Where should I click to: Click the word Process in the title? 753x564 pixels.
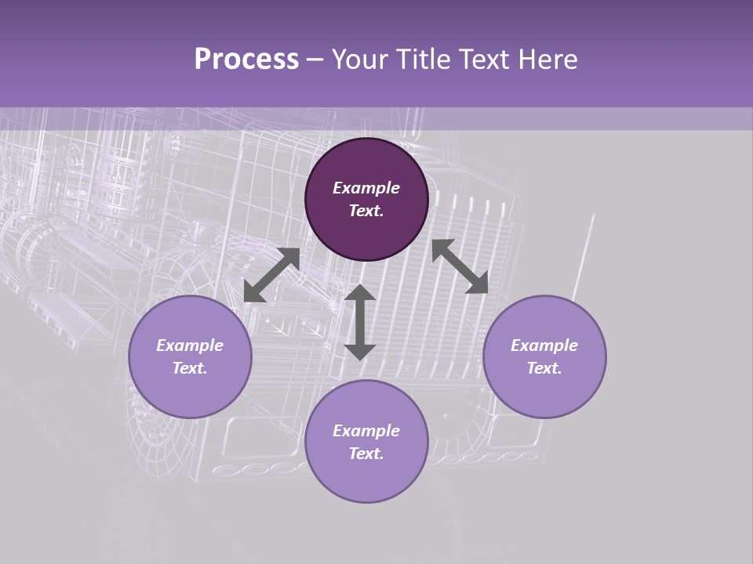[x=246, y=60]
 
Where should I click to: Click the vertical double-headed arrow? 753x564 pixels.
[x=360, y=322]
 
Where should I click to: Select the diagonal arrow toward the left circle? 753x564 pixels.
[x=271, y=275]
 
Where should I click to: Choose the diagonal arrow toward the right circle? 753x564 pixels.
[x=460, y=266]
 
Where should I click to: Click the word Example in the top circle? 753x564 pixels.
[x=366, y=188]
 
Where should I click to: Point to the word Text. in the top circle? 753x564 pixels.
[x=366, y=211]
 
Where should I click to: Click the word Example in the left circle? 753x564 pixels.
[x=190, y=345]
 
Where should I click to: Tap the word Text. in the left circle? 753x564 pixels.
[x=190, y=368]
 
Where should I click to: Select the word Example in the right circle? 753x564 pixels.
[x=544, y=345]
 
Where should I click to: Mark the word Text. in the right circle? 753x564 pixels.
[x=544, y=368]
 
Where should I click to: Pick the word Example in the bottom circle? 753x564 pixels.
[x=366, y=431]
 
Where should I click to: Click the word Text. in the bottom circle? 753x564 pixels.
[x=366, y=454]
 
